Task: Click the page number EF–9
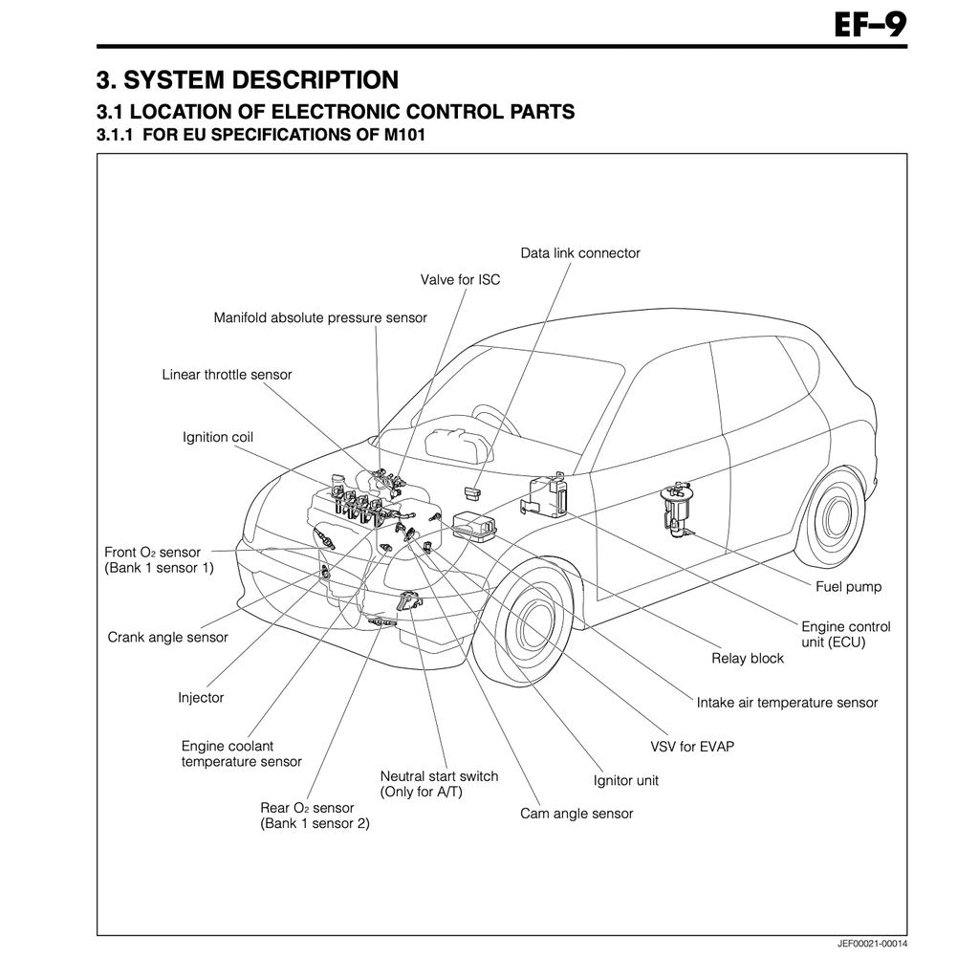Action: tap(870, 24)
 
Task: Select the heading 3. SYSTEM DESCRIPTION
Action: tap(248, 78)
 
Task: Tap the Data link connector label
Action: tap(580, 253)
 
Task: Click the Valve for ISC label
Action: tap(460, 280)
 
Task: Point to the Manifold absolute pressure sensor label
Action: tap(320, 317)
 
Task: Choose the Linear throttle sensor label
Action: tap(227, 375)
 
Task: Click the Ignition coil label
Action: tap(218, 437)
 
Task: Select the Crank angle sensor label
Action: tap(167, 637)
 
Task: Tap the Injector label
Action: tap(201, 697)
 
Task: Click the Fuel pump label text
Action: tap(848, 587)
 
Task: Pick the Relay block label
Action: tap(748, 658)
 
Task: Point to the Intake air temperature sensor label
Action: tap(787, 703)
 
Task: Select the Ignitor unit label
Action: tap(626, 780)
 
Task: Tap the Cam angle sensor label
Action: tap(577, 814)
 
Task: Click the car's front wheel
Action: tap(529, 626)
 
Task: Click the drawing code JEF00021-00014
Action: tap(872, 944)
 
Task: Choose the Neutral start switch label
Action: tap(439, 784)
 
